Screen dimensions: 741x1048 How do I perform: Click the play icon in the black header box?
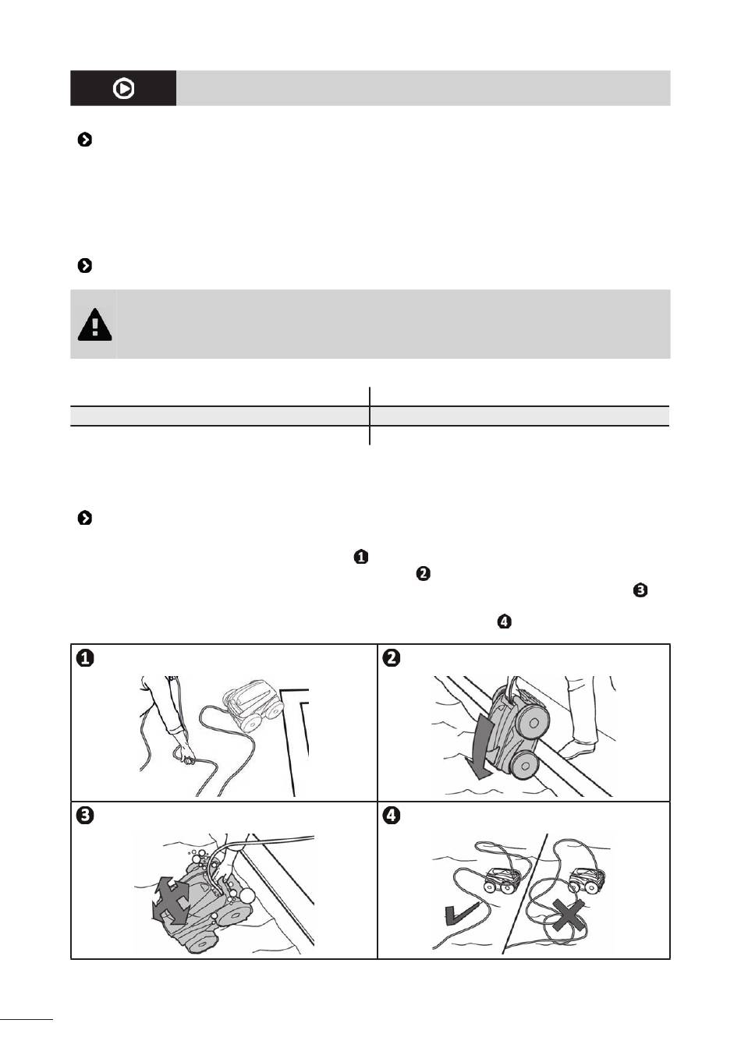[x=123, y=89]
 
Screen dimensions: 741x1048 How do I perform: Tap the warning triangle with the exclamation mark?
[x=94, y=324]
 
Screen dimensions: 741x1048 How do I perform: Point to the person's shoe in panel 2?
[x=580, y=750]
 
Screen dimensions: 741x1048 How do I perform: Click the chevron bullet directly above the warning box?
[x=85, y=266]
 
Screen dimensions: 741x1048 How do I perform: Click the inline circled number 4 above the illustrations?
[x=504, y=622]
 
